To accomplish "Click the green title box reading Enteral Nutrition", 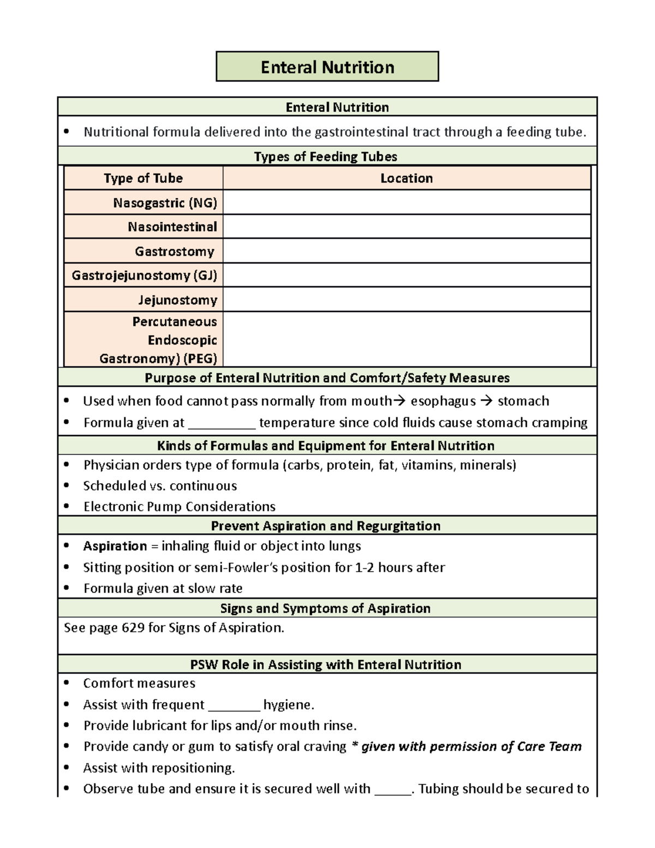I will click(x=327, y=67).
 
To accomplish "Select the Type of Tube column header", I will click(x=143, y=178).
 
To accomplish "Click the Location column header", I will click(x=407, y=178).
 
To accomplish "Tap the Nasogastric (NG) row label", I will click(x=165, y=203).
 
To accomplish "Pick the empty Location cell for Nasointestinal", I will click(x=407, y=227).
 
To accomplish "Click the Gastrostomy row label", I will click(x=175, y=251).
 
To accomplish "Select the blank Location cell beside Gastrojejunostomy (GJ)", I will click(x=407, y=275).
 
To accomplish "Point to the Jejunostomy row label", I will click(x=177, y=300).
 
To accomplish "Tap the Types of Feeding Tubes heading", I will click(x=326, y=157).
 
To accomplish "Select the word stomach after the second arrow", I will click(x=523, y=401).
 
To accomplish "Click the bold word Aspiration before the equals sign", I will click(x=115, y=546).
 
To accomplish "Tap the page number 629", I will click(x=133, y=628).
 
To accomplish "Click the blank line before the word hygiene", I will click(x=234, y=707).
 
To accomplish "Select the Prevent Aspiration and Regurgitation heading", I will click(x=326, y=526).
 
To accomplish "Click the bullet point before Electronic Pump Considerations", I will click(x=67, y=507).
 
